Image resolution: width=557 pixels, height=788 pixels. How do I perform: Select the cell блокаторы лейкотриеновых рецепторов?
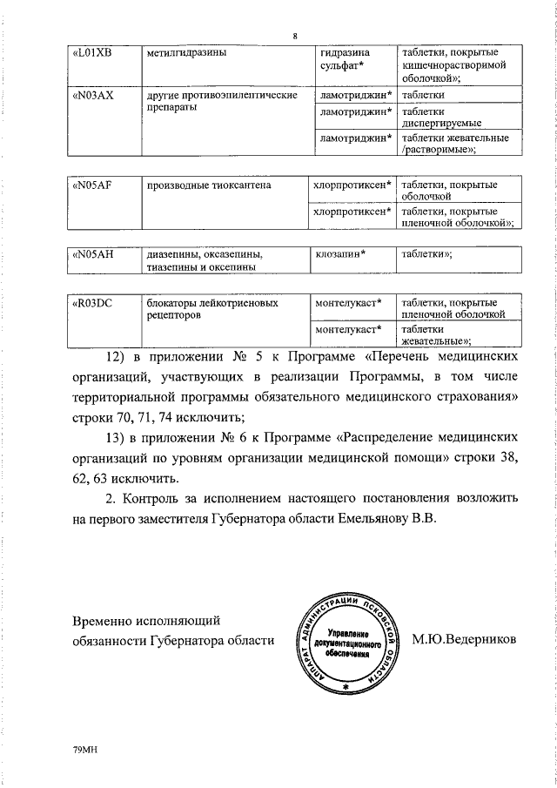[x=212, y=309]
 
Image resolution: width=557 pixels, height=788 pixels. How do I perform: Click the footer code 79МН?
[x=87, y=748]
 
